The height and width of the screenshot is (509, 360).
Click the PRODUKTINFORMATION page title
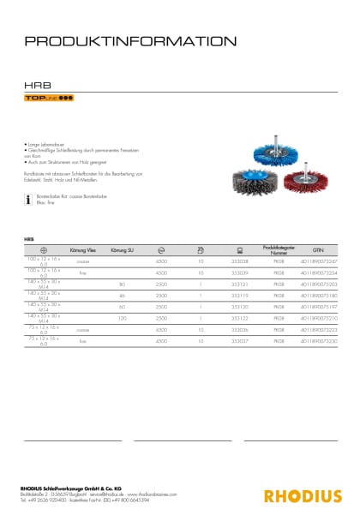[131, 40]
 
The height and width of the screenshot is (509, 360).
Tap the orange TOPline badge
[48, 99]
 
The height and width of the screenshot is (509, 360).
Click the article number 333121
[240, 284]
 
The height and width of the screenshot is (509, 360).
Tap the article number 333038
[240, 260]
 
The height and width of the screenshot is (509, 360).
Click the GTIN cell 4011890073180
[319, 295]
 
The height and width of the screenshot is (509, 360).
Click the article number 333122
[240, 318]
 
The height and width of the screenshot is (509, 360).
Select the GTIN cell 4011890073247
[319, 260]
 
